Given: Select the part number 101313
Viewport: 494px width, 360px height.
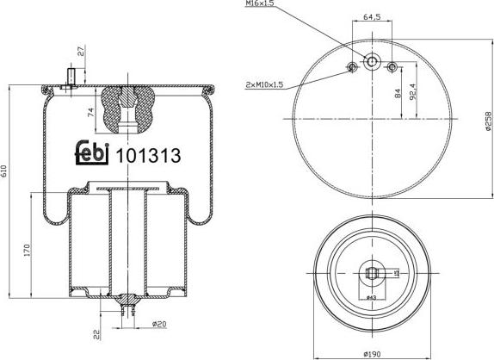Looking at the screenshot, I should point(148,155).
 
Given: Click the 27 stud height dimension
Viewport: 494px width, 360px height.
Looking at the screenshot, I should point(82,51).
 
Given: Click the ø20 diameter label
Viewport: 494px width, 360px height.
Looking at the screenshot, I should point(156,323).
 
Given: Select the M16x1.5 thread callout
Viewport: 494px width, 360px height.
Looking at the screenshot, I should point(260,5).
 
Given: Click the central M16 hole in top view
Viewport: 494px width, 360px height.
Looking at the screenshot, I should point(372,63).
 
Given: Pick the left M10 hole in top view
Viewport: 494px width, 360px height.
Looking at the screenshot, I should point(352,67).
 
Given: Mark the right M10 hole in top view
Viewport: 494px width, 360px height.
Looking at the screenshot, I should point(392,67).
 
